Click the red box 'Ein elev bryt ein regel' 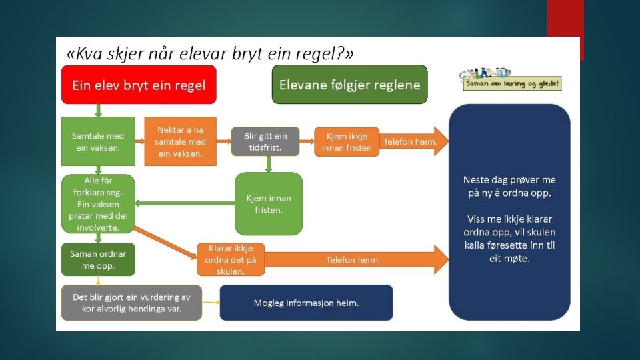point(139,85)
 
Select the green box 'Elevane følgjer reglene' point(349,85)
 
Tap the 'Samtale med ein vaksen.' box point(97,141)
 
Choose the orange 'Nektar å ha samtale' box point(180,141)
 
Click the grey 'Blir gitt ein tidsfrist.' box point(265,141)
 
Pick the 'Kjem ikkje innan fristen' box point(346,141)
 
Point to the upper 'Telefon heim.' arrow point(412,141)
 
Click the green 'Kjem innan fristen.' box point(269,203)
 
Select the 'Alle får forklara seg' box point(97,204)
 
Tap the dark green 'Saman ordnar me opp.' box point(97,260)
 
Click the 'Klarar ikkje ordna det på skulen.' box point(231,260)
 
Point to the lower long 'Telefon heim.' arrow point(353,260)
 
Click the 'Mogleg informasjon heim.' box point(306,303)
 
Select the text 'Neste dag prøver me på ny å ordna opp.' point(509,187)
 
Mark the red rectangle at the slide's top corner point(565,20)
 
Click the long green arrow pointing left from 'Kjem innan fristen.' point(184,203)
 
